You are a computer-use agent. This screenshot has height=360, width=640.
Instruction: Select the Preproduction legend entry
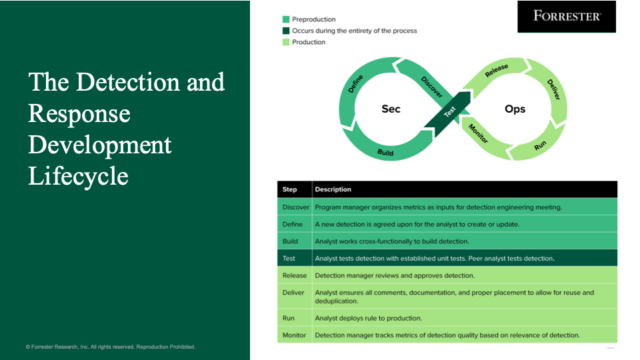[312, 19]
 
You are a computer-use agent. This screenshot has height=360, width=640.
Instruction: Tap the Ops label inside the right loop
[515, 107]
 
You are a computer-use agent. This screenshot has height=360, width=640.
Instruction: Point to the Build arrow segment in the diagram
[385, 152]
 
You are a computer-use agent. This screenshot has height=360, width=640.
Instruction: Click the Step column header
[290, 189]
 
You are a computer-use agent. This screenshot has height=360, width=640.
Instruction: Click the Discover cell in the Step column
[295, 207]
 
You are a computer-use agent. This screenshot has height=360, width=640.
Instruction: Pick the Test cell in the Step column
[289, 258]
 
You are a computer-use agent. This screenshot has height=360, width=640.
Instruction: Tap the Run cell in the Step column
[288, 318]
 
